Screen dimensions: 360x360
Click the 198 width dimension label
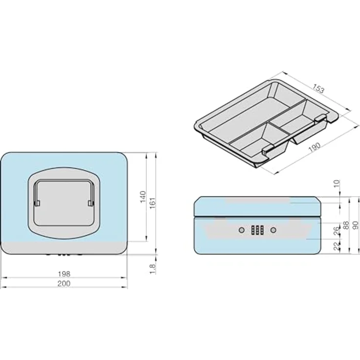(x=64, y=274)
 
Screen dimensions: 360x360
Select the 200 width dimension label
(x=64, y=284)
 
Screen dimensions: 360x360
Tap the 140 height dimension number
(x=143, y=197)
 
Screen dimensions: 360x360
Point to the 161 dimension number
(x=153, y=203)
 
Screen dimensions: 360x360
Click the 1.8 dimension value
(x=153, y=269)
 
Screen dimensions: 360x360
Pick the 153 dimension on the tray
(x=318, y=88)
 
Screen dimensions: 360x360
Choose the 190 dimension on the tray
(x=315, y=147)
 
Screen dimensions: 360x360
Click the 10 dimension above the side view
(x=337, y=184)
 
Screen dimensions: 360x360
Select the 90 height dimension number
(x=356, y=225)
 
